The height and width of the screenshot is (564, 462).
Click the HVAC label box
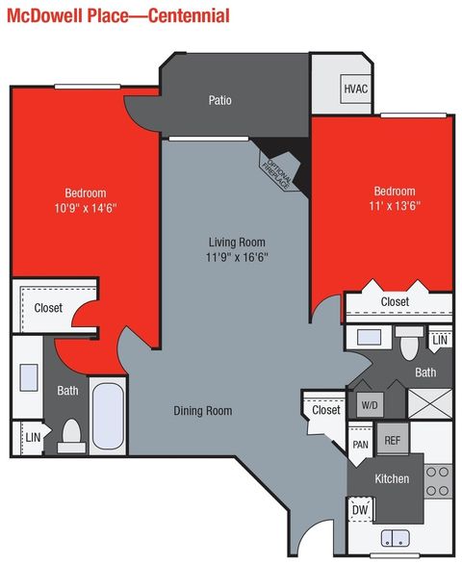(x=356, y=90)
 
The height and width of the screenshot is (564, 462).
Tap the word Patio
(x=219, y=100)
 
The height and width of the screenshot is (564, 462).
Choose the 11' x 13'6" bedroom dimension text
(x=395, y=206)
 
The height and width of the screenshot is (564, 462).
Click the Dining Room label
(x=203, y=411)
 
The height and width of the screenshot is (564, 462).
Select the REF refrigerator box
(x=392, y=440)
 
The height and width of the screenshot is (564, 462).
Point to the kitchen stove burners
(x=438, y=480)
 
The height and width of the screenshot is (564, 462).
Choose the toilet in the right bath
(x=411, y=342)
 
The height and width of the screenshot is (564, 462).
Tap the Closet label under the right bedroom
(x=395, y=302)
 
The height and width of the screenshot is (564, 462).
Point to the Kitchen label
(x=392, y=478)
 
